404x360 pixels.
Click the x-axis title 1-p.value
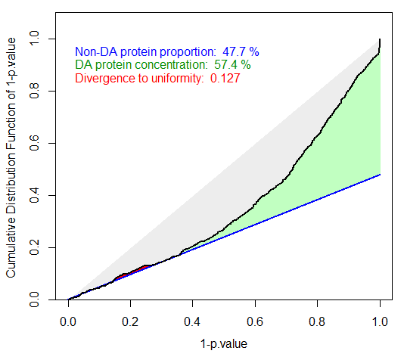click(x=224, y=343)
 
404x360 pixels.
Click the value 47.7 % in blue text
click(x=241, y=52)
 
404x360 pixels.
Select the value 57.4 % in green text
click(x=231, y=65)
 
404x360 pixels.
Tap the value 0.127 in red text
click(x=225, y=78)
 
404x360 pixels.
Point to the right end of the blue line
click(x=380, y=175)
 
